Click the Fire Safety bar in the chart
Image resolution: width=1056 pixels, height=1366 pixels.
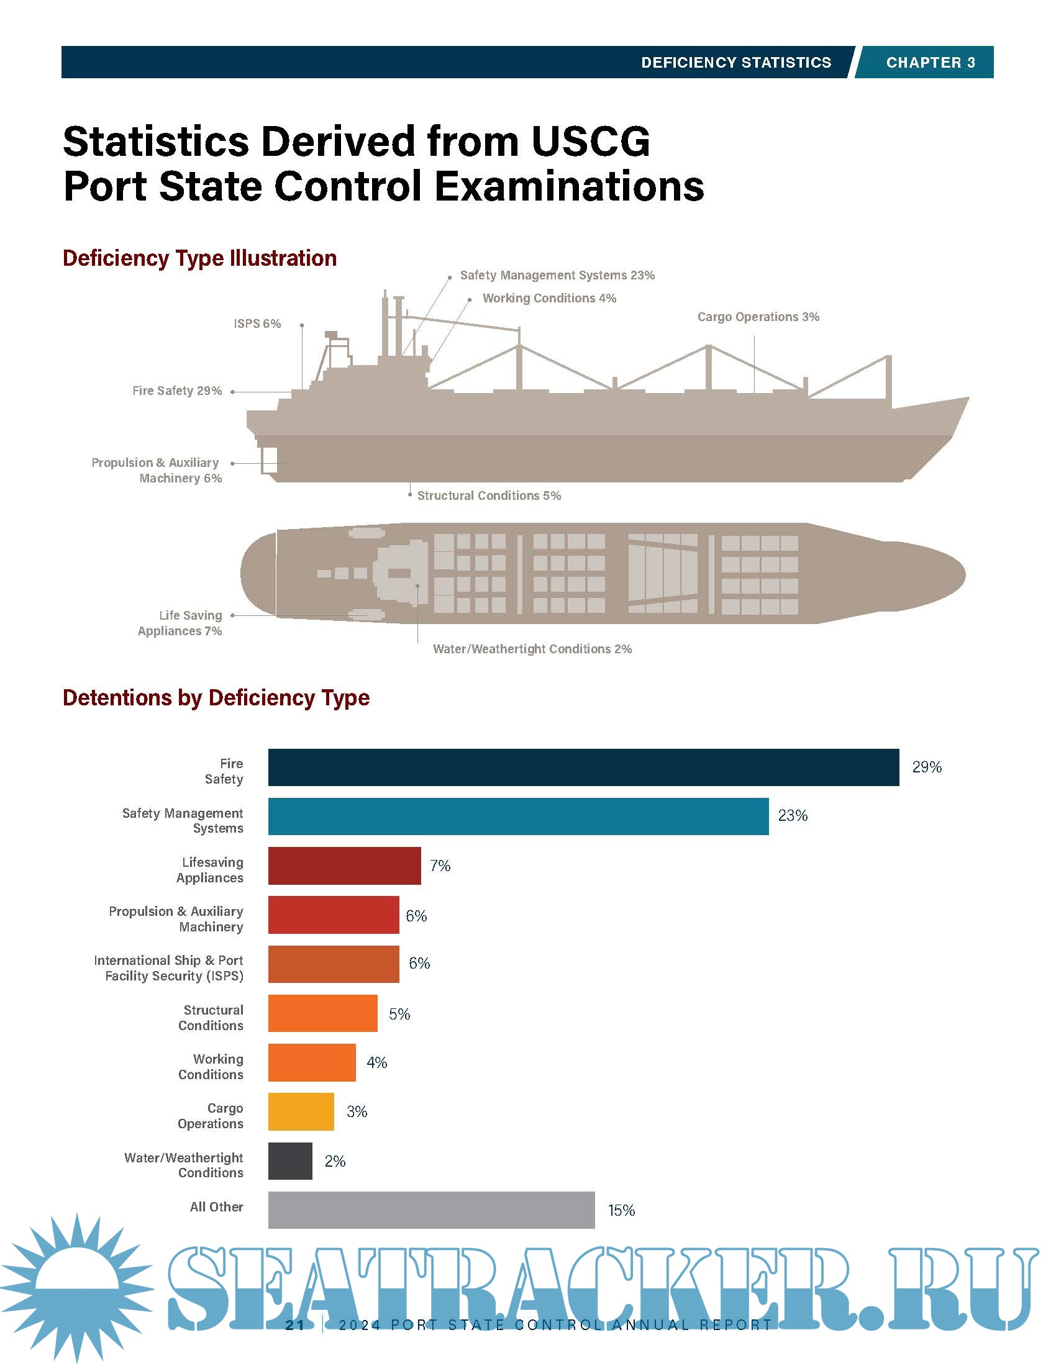tap(583, 767)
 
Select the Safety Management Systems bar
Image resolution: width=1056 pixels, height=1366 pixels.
tap(518, 816)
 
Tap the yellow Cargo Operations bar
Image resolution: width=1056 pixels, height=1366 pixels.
tap(301, 1111)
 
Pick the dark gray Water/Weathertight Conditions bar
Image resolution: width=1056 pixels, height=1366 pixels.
tap(290, 1161)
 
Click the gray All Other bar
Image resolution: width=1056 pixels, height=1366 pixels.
tap(431, 1210)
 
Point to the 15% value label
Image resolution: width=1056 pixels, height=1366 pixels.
tap(621, 1210)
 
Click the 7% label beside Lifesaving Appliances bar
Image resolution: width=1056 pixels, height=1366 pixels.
tap(440, 866)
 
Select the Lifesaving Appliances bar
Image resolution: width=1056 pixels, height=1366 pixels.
tap(344, 866)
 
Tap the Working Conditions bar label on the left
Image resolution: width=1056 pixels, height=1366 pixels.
tap(211, 1066)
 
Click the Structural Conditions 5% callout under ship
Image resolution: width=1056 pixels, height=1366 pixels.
tap(489, 495)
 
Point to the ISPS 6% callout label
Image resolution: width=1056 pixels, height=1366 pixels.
tap(257, 323)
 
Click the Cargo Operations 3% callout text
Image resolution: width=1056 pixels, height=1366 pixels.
tap(758, 317)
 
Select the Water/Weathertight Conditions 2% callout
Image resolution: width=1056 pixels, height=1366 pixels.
tap(532, 649)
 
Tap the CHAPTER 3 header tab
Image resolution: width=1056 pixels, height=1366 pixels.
tap(930, 63)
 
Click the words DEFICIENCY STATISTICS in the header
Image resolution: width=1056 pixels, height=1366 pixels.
tap(735, 63)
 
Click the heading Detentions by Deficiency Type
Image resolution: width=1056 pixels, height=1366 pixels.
tap(216, 697)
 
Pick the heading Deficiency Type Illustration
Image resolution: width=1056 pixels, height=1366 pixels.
tap(199, 258)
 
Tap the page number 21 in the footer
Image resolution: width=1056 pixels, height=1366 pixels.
tap(294, 1325)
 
